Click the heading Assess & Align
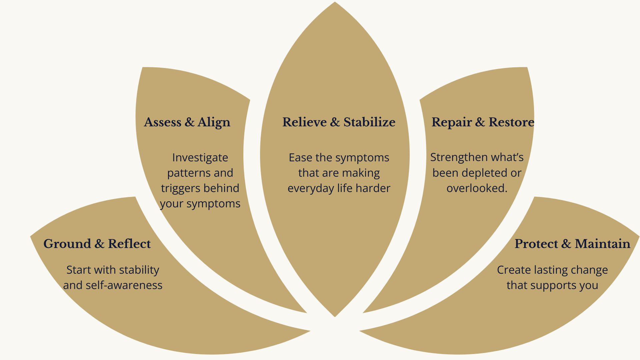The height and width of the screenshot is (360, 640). pos(187,122)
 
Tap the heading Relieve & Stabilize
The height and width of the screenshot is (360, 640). pos(339,122)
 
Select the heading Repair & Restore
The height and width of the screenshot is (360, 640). pos(483,122)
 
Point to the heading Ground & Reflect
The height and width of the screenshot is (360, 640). pos(97,244)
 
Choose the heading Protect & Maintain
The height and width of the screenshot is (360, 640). pos(572,244)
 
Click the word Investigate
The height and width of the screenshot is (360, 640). pos(200,158)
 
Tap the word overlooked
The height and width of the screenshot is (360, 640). pos(477,188)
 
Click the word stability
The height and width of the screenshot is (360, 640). pos(139,270)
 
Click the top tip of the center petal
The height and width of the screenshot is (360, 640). pos(335,3)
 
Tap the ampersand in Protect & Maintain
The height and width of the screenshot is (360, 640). pos(566,244)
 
